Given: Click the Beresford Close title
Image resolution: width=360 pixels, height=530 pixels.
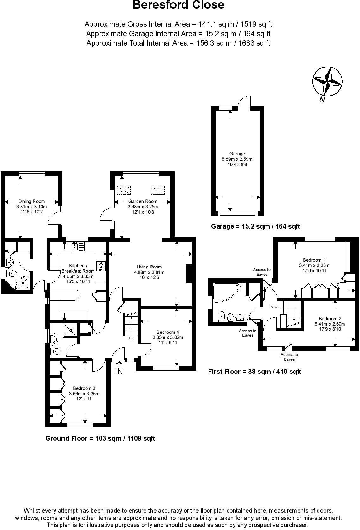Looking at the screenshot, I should [178, 5].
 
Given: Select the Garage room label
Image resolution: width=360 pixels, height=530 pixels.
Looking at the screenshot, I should [237, 154].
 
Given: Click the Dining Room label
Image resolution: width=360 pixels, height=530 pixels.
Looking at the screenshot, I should [31, 201].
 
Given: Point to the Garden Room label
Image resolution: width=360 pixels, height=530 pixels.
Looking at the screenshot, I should [143, 201].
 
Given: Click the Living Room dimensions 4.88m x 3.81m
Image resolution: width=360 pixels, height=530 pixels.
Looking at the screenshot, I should [149, 272].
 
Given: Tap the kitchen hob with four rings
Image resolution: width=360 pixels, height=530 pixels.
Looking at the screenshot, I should [101, 266].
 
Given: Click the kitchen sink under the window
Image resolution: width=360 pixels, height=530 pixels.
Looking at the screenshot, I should [78, 246].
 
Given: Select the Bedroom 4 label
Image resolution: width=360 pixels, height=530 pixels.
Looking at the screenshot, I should [168, 332].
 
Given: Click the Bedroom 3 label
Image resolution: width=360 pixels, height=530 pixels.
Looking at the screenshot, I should [84, 388].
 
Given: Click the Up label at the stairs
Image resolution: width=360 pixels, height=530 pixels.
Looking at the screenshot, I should [131, 339].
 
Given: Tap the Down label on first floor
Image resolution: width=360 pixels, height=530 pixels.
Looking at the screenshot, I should [274, 307].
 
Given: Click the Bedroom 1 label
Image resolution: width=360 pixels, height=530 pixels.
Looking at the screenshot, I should [314, 260].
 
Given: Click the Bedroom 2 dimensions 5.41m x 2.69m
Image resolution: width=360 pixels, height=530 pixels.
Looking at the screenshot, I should [330, 324].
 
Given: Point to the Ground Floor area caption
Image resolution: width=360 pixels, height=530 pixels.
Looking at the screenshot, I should [100, 438].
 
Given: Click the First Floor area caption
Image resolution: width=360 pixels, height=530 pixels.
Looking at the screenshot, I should [254, 372].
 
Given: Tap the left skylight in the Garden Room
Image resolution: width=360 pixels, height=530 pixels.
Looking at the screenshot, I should [124, 190].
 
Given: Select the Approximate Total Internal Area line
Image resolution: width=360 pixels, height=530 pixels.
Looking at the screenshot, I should [178, 43].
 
